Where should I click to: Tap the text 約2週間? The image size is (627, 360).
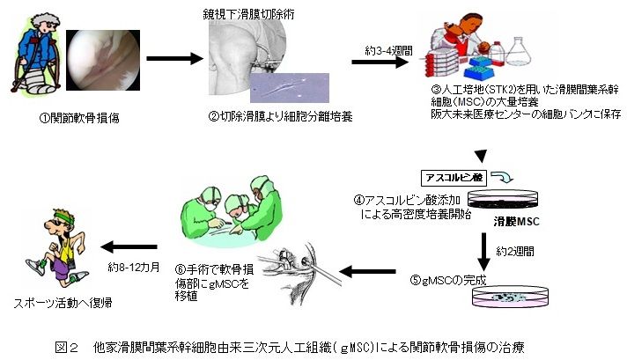[516, 250]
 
